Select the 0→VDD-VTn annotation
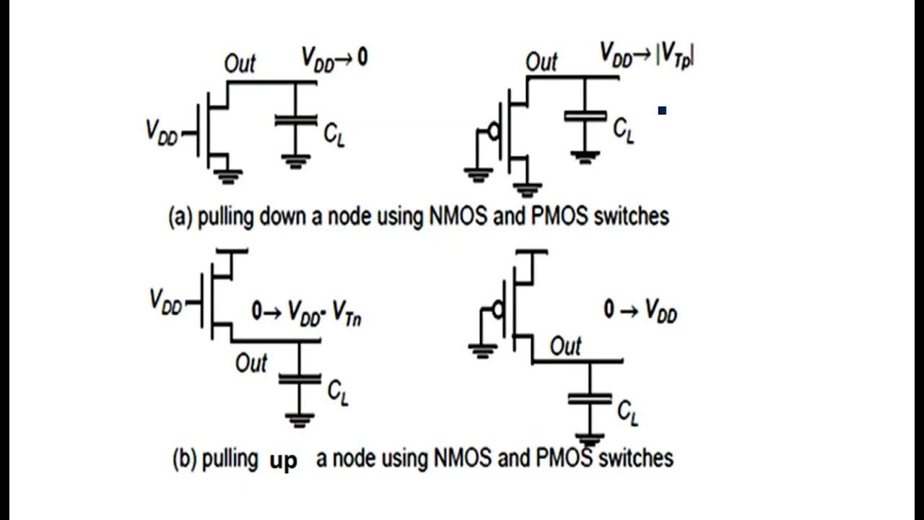click(x=306, y=313)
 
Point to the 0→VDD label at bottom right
click(x=640, y=311)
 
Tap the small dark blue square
click(x=662, y=110)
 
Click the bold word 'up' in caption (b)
click(x=283, y=460)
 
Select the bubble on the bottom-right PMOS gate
click(x=496, y=310)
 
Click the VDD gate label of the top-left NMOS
click(x=162, y=132)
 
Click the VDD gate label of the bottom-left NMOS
click(x=165, y=300)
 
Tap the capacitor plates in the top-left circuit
click(x=295, y=121)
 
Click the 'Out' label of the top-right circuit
click(x=541, y=62)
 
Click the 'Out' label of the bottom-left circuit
click(x=251, y=363)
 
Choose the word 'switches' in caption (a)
click(x=630, y=216)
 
